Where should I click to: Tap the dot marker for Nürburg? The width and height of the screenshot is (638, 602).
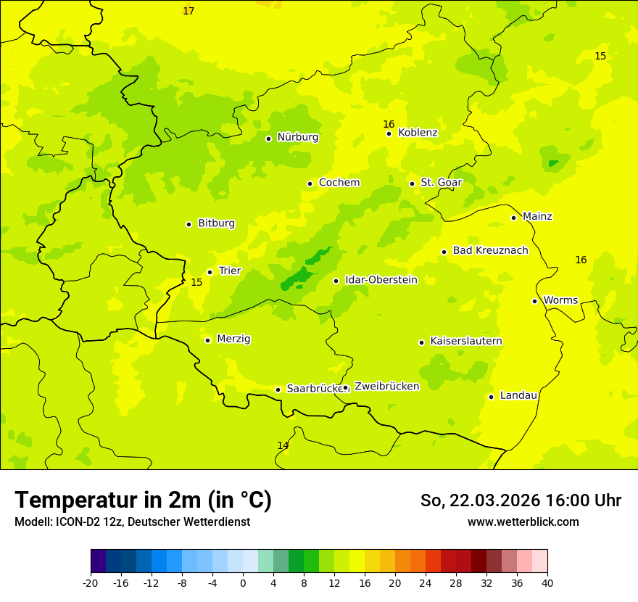(x=268, y=139)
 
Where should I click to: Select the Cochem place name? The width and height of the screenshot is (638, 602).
(x=339, y=183)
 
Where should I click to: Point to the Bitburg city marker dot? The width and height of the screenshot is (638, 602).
(x=188, y=224)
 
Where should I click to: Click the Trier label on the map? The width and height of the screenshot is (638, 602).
(x=230, y=271)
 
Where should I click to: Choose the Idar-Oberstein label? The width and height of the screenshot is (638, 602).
(x=381, y=280)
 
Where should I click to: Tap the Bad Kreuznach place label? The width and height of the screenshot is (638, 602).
(x=490, y=251)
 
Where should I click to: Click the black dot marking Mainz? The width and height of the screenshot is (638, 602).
(x=513, y=218)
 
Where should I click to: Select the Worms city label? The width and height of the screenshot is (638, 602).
(x=560, y=300)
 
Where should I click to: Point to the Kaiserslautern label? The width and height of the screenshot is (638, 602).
(x=466, y=342)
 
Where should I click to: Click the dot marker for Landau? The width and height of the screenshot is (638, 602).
(x=491, y=397)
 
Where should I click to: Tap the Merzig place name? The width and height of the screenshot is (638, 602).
(x=233, y=339)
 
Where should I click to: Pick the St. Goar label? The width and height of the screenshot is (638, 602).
(x=441, y=183)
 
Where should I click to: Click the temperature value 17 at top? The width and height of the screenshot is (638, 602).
(x=188, y=12)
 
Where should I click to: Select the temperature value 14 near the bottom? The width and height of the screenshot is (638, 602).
(x=283, y=445)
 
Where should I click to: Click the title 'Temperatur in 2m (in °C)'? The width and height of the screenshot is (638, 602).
(x=143, y=500)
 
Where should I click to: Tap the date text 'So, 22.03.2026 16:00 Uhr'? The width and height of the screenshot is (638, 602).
(x=521, y=500)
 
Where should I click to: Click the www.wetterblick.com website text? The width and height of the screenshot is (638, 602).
(x=523, y=522)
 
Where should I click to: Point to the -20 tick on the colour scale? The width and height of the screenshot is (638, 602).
(x=91, y=582)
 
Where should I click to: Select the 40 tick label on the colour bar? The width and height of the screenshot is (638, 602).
(x=547, y=582)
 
